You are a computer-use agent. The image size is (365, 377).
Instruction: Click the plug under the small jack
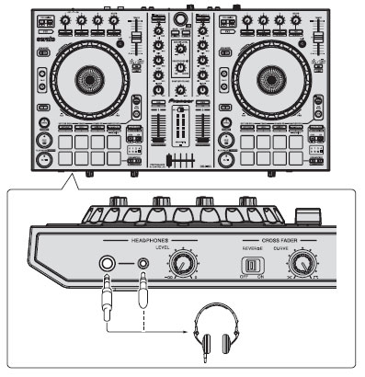[143, 295]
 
